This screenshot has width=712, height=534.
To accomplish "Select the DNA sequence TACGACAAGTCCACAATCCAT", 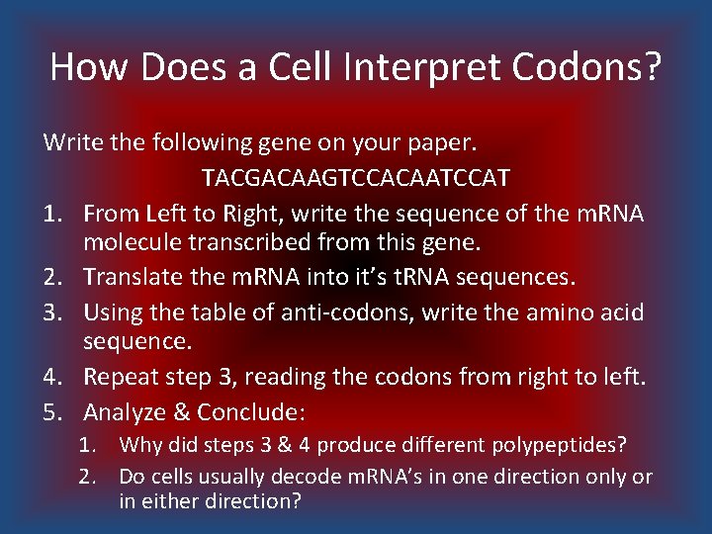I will click(356, 178).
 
